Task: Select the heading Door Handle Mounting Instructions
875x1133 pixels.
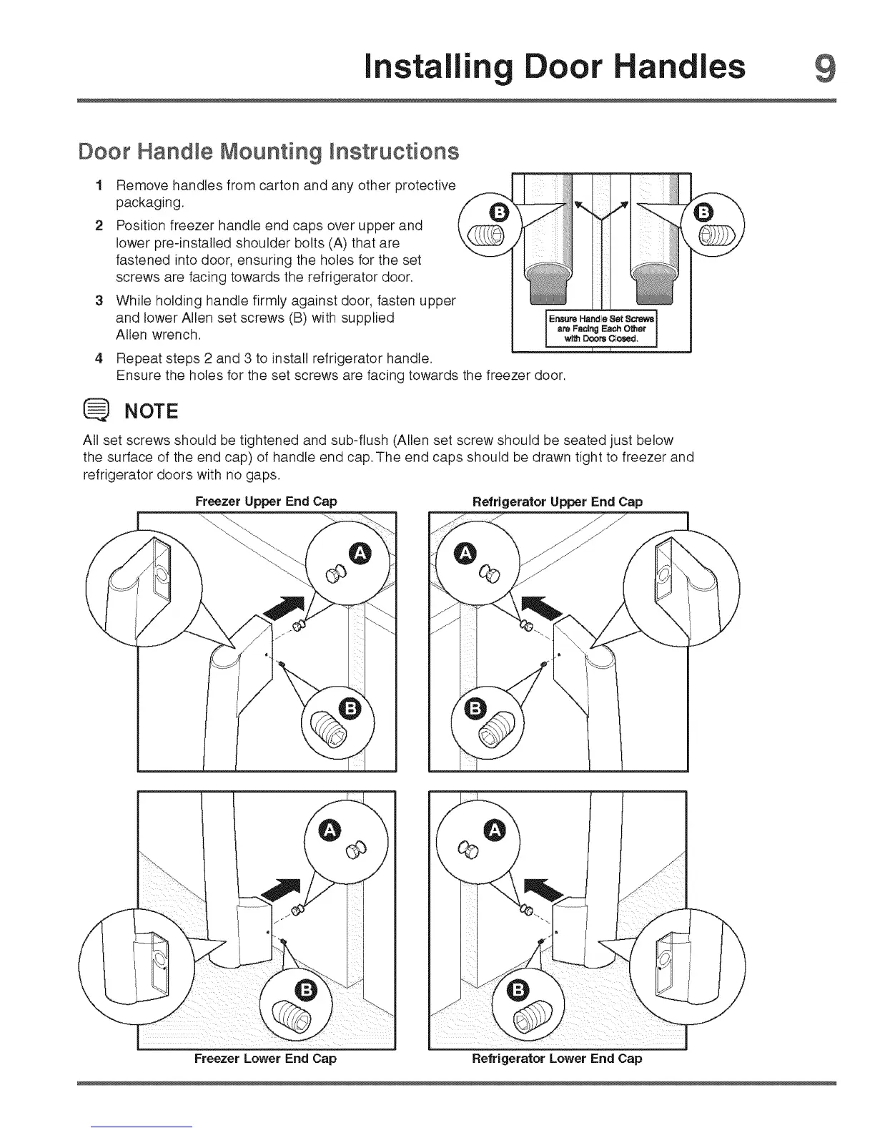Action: [x=267, y=152]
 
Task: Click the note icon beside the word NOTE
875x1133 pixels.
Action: [x=97, y=411]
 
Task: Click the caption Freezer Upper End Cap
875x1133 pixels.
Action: [x=266, y=501]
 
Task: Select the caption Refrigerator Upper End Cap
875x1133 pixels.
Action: [x=558, y=501]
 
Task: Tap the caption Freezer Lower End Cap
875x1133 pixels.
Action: [x=265, y=1058]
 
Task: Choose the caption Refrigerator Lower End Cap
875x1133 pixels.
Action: [x=557, y=1058]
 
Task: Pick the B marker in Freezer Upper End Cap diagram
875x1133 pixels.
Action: [x=351, y=708]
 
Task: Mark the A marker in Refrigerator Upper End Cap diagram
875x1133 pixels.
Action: [x=466, y=552]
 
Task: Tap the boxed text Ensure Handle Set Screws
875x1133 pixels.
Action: [x=601, y=328]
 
